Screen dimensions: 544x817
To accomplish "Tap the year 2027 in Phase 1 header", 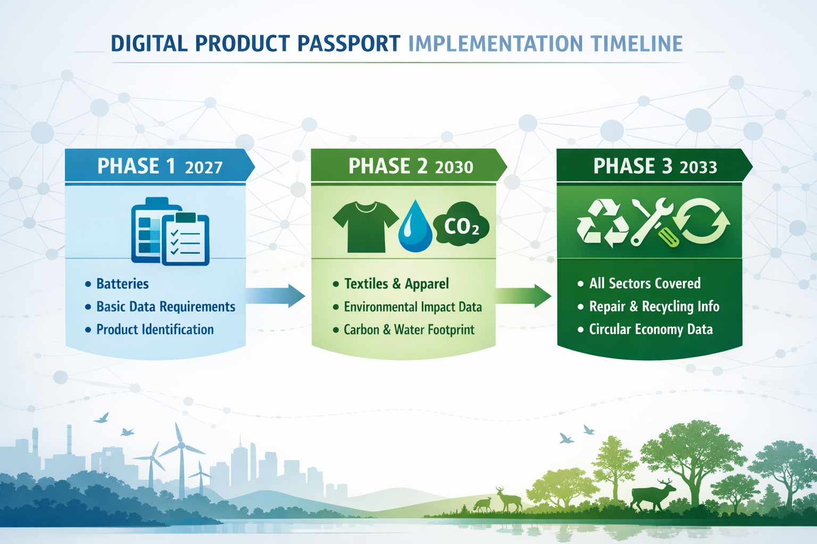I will tap(204, 167).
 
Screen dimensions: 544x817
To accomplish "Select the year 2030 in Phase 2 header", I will tap(454, 167).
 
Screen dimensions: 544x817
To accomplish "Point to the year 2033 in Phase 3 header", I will tap(698, 167).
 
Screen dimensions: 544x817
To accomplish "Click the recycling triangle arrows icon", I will tap(602, 223).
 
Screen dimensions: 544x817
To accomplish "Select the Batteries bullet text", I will tap(122, 284).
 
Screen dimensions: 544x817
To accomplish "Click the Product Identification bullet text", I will tap(155, 329).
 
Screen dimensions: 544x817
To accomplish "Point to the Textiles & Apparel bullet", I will tap(396, 284).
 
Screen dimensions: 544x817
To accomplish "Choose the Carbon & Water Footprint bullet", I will tap(408, 329).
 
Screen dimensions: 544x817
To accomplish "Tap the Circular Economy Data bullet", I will tap(651, 329).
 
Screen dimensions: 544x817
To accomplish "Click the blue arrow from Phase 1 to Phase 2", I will tap(275, 295).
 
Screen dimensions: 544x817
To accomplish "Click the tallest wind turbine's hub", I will tap(181, 445).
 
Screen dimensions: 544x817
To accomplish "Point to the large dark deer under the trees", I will tap(652, 495).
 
